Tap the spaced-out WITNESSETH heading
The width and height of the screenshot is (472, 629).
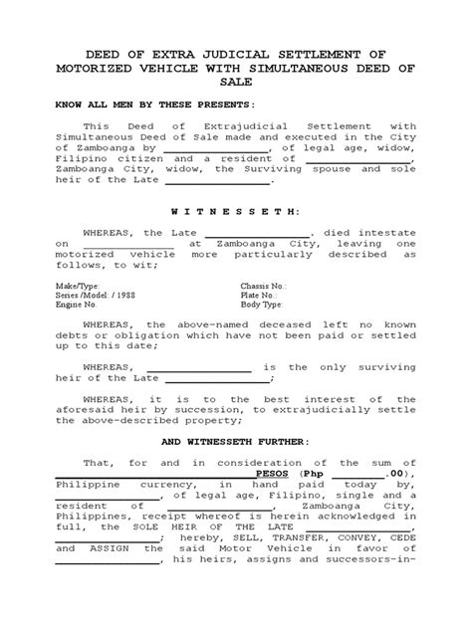point(236,212)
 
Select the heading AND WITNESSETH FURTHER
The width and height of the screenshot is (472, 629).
point(236,441)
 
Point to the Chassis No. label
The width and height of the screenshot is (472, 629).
point(263,285)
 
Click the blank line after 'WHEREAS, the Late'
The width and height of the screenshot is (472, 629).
point(264,232)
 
